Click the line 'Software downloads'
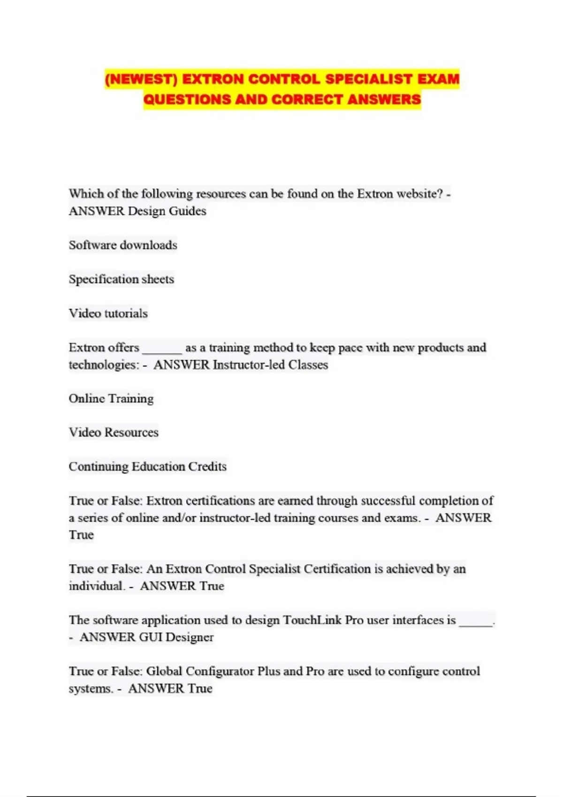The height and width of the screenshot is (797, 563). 123,245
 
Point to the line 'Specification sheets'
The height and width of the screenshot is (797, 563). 122,279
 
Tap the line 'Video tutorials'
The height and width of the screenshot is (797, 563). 108,313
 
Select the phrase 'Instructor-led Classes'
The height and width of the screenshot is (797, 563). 270,365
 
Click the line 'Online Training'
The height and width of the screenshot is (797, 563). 111,398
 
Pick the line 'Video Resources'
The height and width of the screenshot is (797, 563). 114,432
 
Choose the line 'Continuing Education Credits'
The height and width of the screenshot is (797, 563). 147,466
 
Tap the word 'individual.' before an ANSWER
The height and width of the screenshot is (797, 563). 97,586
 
